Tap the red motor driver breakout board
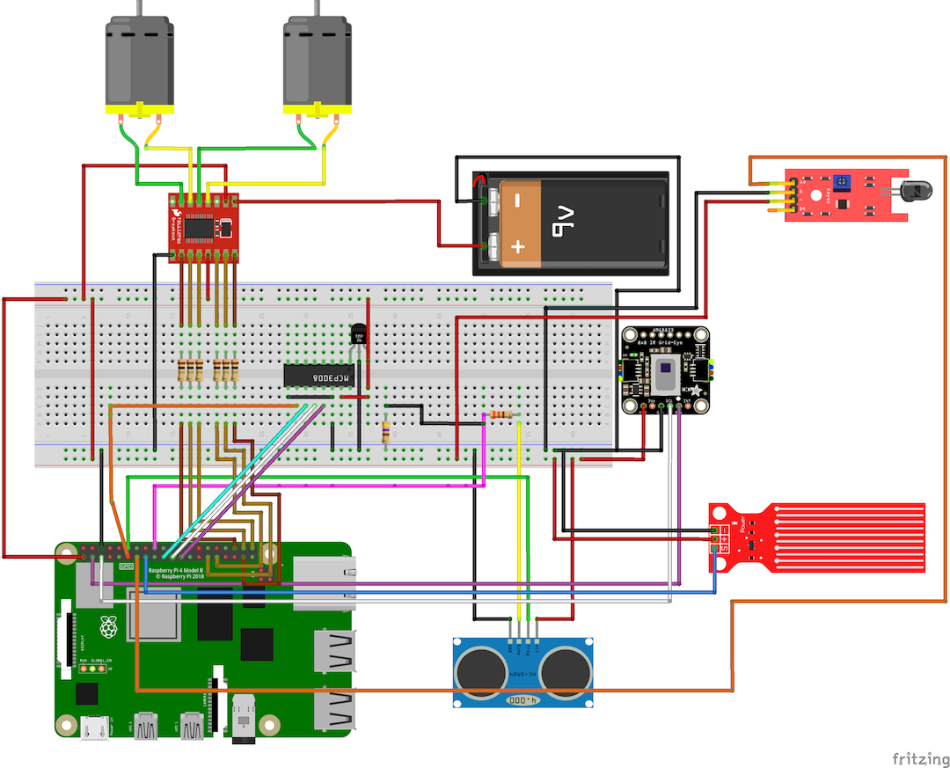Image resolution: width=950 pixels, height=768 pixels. click(203, 228)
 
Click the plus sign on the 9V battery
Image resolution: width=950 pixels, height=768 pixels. click(517, 247)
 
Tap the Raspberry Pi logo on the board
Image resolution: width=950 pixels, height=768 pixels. click(108, 627)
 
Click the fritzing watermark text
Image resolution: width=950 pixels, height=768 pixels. click(920, 757)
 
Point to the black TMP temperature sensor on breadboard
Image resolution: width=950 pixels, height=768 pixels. click(358, 335)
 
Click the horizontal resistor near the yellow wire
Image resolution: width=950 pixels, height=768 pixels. click(502, 414)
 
